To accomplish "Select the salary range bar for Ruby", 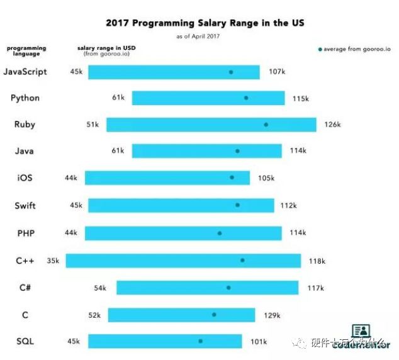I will pyautogui.click(x=211, y=125).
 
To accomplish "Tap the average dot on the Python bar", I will pyautogui.click(x=246, y=98).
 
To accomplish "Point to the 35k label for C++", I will pyautogui.click(x=53, y=261).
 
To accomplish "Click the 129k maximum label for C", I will pyautogui.click(x=272, y=315).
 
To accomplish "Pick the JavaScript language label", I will pyautogui.click(x=25, y=71).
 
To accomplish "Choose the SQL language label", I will pyautogui.click(x=25, y=342).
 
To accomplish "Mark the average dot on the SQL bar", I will pyautogui.click(x=201, y=341).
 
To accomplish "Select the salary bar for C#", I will pyautogui.click(x=207, y=288).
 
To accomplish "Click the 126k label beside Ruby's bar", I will pyautogui.click(x=332, y=125).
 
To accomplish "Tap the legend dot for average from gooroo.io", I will pyautogui.click(x=320, y=48).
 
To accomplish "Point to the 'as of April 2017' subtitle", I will pyautogui.click(x=199, y=37).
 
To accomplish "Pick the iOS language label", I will pyautogui.click(x=25, y=178).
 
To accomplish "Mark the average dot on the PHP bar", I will pyautogui.click(x=220, y=233).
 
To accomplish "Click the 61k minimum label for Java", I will pyautogui.click(x=118, y=151).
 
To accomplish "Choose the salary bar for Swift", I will pyautogui.click(x=181, y=205).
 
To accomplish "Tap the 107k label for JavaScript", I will pyautogui.click(x=277, y=71).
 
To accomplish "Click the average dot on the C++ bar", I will pyautogui.click(x=242, y=260).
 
